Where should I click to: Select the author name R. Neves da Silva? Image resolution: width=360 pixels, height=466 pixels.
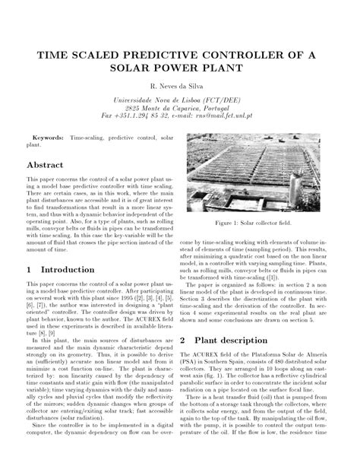(180, 89)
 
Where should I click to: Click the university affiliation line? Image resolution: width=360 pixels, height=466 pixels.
(180, 101)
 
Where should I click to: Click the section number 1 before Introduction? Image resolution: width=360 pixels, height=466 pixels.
(29, 270)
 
